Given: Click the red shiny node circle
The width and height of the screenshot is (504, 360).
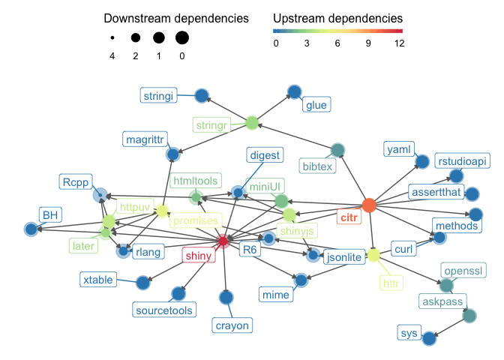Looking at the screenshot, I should pyautogui.click(x=223, y=240).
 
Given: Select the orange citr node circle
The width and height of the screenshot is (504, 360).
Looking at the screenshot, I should pyautogui.click(x=368, y=205).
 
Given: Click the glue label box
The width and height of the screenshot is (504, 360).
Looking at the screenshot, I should pyautogui.click(x=316, y=105).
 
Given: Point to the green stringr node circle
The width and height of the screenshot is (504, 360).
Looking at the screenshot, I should pyautogui.click(x=251, y=122).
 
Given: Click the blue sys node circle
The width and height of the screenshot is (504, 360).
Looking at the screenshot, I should pyautogui.click(x=429, y=338).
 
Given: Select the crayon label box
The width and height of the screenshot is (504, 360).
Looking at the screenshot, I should pyautogui.click(x=231, y=325).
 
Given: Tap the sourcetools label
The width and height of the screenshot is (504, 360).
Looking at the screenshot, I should pyautogui.click(x=163, y=309).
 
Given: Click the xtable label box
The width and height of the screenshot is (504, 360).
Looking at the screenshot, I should pyautogui.click(x=98, y=280).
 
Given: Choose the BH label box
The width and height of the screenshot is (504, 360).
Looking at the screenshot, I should pyautogui.click(x=49, y=215).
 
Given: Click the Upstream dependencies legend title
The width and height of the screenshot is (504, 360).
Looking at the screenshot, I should pyautogui.click(x=337, y=17).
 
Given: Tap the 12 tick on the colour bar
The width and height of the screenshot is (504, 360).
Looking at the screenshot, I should pyautogui.click(x=399, y=43).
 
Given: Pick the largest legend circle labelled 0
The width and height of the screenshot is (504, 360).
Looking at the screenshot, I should pyautogui.click(x=182, y=37).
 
